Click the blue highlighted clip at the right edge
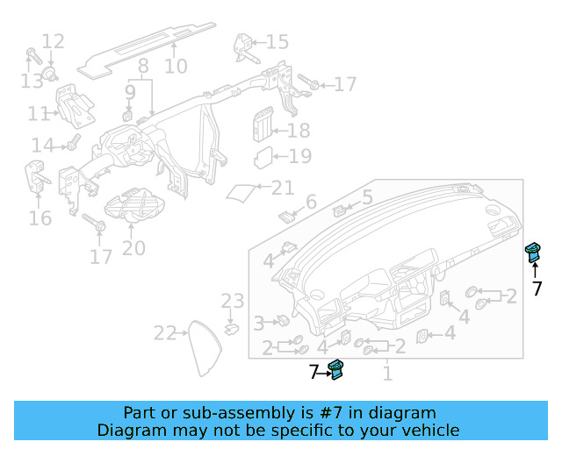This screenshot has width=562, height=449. pyautogui.click(x=532, y=253)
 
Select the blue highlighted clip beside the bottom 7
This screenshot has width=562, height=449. pyautogui.click(x=335, y=369)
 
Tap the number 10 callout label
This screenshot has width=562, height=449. pyautogui.click(x=176, y=66)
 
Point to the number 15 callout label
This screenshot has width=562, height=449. pyautogui.click(x=277, y=42)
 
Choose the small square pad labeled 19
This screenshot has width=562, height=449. pyautogui.click(x=263, y=158)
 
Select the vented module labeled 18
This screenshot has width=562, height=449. pyautogui.click(x=263, y=125)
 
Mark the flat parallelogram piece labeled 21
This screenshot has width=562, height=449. pyautogui.click(x=241, y=190)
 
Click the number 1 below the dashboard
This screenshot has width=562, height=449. pyautogui.click(x=386, y=374)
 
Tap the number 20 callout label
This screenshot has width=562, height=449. pyautogui.click(x=133, y=248)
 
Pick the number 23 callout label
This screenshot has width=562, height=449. pyautogui.click(x=232, y=302)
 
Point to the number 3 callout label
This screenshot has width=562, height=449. pyautogui.click(x=259, y=324)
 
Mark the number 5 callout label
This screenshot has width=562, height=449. pyautogui.click(x=367, y=197)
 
